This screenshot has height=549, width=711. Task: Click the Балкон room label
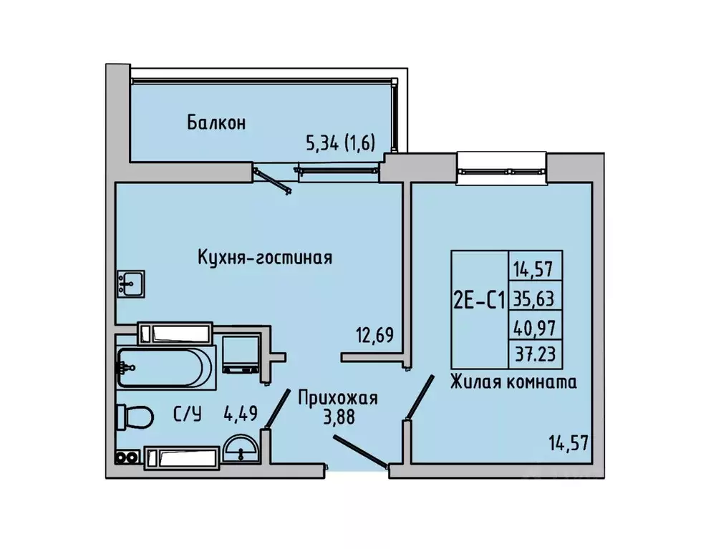pos(216,122)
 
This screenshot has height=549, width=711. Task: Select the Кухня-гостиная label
pos(265,257)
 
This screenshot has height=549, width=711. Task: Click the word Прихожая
pos(338,398)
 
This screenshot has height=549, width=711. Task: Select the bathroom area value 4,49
pos(240,413)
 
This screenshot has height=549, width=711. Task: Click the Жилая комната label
pos(513,383)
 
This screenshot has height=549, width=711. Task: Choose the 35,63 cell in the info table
pos(536,296)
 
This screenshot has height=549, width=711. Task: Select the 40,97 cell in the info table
pos(536,326)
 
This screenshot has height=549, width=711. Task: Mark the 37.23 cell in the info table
pos(536,354)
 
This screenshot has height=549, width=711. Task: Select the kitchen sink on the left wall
pos(130,283)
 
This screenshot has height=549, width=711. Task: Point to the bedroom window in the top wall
pos(502,165)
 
